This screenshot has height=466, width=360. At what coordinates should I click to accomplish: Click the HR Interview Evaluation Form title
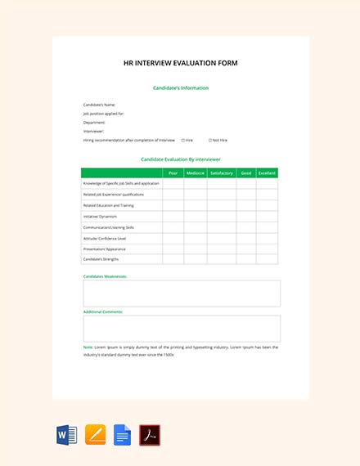click(x=180, y=63)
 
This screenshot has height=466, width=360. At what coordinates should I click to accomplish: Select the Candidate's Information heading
click(x=180, y=87)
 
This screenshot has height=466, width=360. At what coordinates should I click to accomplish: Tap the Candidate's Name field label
click(x=99, y=105)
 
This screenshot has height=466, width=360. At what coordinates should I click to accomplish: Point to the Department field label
click(x=94, y=123)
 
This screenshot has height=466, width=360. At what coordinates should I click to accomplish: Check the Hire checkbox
click(x=182, y=140)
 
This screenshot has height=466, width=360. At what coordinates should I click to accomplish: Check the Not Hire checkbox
click(x=210, y=140)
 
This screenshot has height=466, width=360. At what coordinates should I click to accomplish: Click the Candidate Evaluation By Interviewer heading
click(x=180, y=159)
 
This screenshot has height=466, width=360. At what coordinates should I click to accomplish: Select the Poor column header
click(x=173, y=173)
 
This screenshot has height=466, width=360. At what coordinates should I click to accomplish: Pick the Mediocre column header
click(x=196, y=173)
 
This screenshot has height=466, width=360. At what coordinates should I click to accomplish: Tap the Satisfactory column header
click(x=222, y=173)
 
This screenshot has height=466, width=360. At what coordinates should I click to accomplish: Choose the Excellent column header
click(x=267, y=173)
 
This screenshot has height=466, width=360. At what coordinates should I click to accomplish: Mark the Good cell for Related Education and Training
click(x=245, y=205)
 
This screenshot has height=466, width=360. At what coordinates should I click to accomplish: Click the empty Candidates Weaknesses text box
click(x=182, y=293)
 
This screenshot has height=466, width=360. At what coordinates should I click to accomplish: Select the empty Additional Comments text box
click(x=182, y=329)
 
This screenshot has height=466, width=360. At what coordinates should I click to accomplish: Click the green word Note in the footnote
click(x=88, y=347)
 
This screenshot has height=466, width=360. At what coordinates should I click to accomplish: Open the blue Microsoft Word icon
click(x=66, y=434)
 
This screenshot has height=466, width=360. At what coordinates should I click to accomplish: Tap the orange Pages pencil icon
click(x=94, y=434)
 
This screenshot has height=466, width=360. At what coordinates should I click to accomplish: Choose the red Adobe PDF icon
click(x=150, y=434)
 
